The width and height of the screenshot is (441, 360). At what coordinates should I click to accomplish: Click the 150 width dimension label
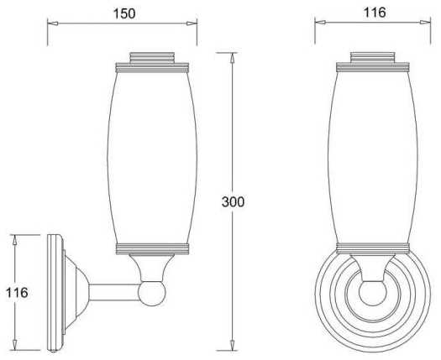tap(124, 13)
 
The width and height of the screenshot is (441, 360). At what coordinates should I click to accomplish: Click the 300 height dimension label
tap(233, 201)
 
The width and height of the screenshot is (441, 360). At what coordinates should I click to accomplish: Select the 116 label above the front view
tap(375, 13)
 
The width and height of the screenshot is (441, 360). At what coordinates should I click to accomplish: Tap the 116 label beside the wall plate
tap(17, 293)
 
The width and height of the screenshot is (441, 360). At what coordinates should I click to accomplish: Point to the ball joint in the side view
tap(151, 293)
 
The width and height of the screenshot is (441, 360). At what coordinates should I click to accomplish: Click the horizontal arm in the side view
tap(114, 293)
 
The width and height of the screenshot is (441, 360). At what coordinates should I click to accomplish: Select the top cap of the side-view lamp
tap(152, 58)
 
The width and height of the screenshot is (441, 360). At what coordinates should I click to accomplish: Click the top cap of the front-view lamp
tap(373, 57)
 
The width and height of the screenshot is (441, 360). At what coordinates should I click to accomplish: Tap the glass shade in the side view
tap(152, 158)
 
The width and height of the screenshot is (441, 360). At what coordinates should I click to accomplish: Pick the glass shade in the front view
tap(373, 157)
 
